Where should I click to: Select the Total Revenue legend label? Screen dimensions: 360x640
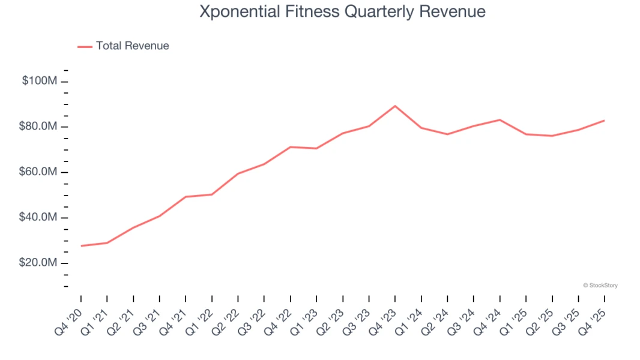tap(132, 46)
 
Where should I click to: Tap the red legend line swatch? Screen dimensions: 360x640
tap(85, 46)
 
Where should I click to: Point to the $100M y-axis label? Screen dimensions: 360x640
tap(40, 81)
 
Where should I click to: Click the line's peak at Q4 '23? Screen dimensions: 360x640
tap(395, 106)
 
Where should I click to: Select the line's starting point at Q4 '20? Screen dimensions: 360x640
tap(81, 246)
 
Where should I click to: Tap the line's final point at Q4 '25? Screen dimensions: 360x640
tap(604, 121)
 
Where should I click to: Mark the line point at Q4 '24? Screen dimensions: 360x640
tap(500, 119)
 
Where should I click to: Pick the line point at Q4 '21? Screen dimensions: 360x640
tap(186, 197)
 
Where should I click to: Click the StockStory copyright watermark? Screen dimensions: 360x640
tap(600, 286)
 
